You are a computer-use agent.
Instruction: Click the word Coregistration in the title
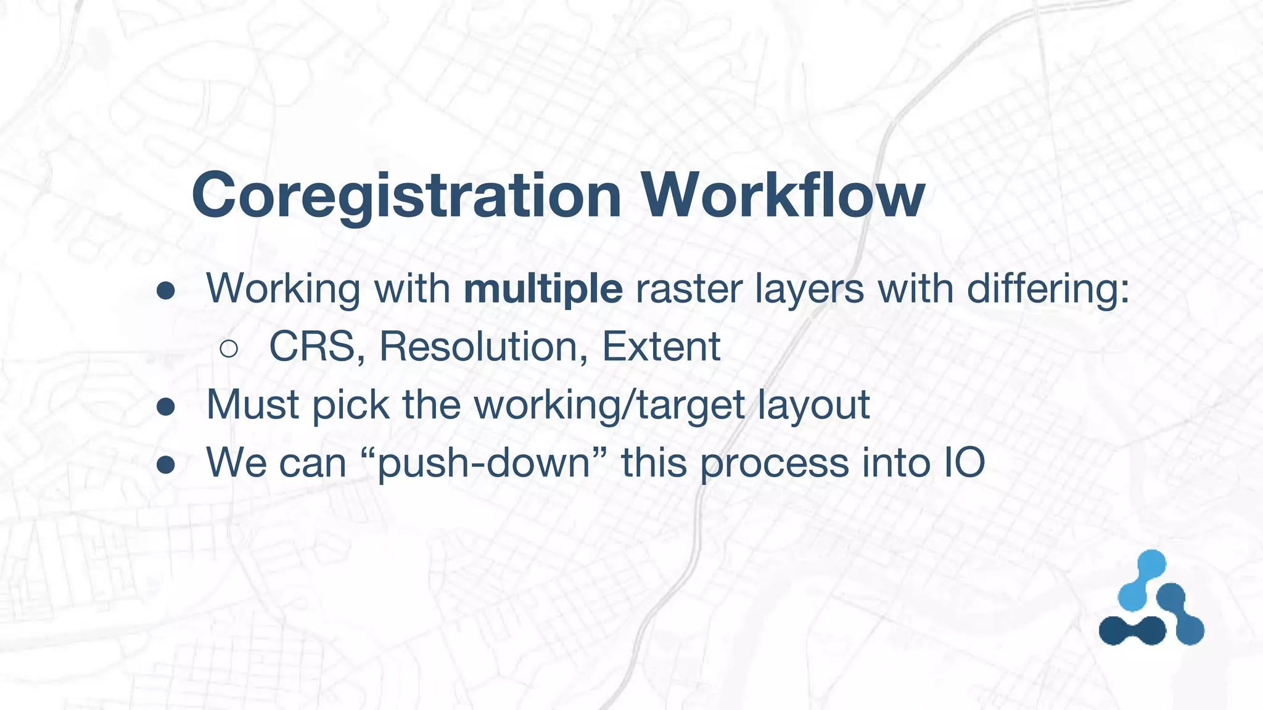coord(406,196)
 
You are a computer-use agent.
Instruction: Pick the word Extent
coord(660,346)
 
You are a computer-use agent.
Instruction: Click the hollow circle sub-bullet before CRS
coord(229,349)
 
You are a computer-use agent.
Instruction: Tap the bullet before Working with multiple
coord(166,291)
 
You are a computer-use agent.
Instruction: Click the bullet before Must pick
coord(166,407)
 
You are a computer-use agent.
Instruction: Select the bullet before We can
coord(166,465)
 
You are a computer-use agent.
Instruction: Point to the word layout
coord(813,406)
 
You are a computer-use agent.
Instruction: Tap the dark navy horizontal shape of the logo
coord(1132,630)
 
